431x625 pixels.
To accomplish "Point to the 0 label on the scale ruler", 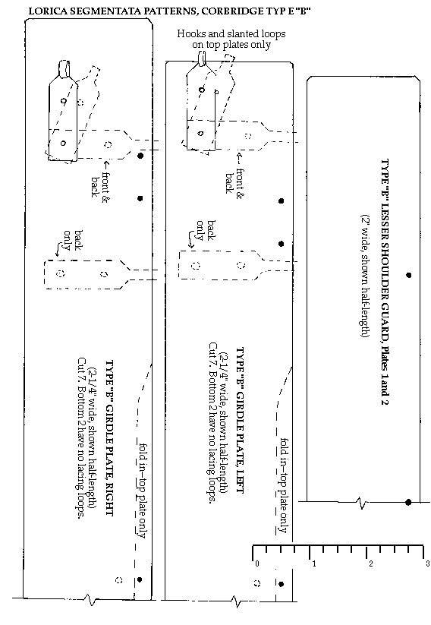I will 256,563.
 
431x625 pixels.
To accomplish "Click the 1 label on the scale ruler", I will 313,563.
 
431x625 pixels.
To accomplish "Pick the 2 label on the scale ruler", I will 370,563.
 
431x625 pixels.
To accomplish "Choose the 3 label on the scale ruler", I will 426,563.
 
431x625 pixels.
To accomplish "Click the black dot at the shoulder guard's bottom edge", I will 409,502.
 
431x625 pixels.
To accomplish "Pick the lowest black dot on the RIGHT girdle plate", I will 140,579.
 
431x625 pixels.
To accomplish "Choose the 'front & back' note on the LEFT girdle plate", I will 237,175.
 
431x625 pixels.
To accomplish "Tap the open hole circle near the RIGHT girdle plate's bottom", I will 118,580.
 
